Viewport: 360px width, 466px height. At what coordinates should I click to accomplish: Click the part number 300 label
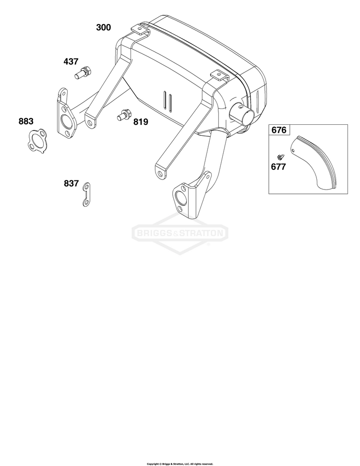tap(104, 27)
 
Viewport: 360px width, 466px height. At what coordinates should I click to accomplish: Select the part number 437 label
tap(71, 61)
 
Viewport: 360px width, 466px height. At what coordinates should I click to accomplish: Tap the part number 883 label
tap(26, 121)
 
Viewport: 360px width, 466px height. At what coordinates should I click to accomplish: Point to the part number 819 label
tap(141, 122)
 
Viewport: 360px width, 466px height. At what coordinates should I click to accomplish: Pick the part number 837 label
tap(72, 183)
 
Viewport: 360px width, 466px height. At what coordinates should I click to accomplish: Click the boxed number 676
tap(279, 130)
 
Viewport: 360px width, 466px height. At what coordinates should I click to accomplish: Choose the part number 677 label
tap(278, 167)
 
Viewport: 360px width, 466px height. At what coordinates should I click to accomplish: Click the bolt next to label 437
tap(83, 72)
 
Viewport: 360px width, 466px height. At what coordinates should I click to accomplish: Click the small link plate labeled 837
tap(86, 195)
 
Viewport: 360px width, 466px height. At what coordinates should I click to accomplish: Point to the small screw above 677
tap(280, 156)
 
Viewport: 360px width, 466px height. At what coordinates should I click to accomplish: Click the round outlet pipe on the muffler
tap(244, 114)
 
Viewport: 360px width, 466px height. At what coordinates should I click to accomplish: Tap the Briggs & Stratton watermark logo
tap(180, 233)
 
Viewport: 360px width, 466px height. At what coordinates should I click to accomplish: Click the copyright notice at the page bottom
tap(180, 464)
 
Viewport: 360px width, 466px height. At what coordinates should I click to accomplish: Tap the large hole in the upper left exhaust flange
tap(65, 120)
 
